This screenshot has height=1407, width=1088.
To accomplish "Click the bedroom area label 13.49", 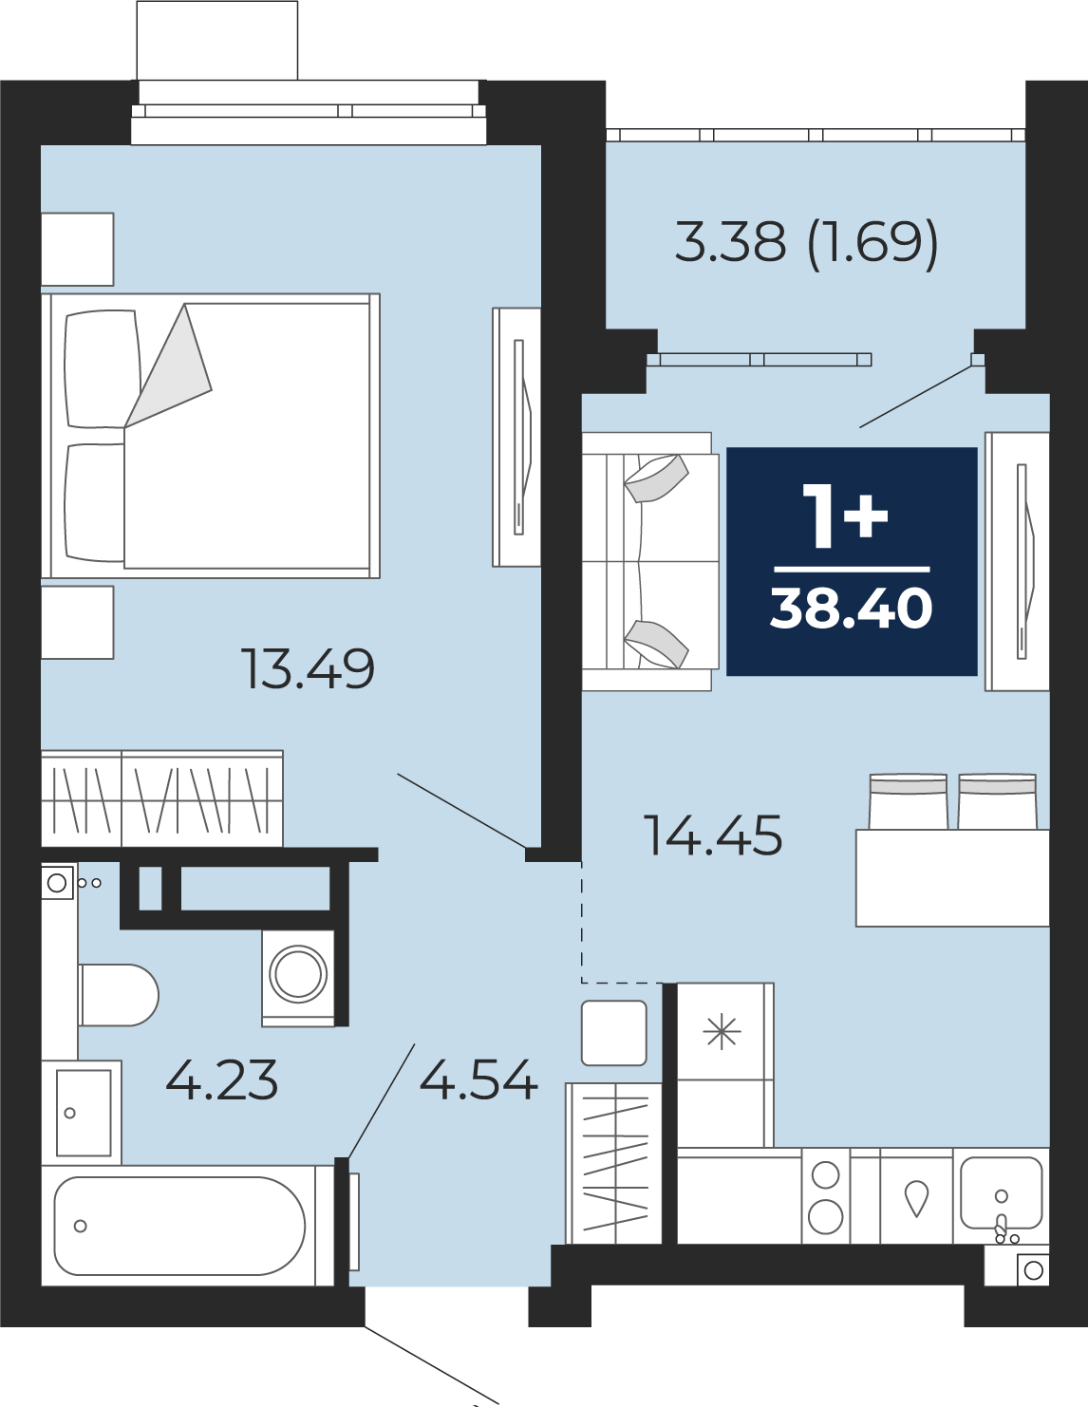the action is (308, 668).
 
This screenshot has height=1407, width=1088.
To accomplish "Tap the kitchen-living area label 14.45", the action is (713, 835).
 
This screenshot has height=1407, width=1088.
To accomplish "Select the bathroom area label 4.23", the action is (222, 1079).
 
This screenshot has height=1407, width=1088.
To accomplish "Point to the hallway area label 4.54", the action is (478, 1079).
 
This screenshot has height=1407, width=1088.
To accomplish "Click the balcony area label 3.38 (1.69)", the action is (806, 242).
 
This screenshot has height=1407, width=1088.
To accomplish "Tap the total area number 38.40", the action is (851, 609).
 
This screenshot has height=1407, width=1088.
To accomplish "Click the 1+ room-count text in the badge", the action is (845, 517).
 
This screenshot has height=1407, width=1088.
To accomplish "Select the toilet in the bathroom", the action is (119, 995).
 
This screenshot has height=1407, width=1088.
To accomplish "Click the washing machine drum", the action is (298, 974).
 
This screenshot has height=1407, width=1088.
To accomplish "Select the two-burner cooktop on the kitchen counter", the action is (826, 1196).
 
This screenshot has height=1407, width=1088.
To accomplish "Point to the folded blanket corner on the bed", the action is (168, 366).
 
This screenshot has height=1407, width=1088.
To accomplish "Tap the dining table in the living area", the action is (952, 877).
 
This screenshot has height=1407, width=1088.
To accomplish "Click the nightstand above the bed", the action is (78, 250).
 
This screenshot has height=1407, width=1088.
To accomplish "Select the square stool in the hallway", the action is (614, 1033).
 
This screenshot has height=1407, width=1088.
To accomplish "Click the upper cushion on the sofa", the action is (657, 479).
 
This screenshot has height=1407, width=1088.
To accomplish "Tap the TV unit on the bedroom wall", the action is (516, 437).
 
